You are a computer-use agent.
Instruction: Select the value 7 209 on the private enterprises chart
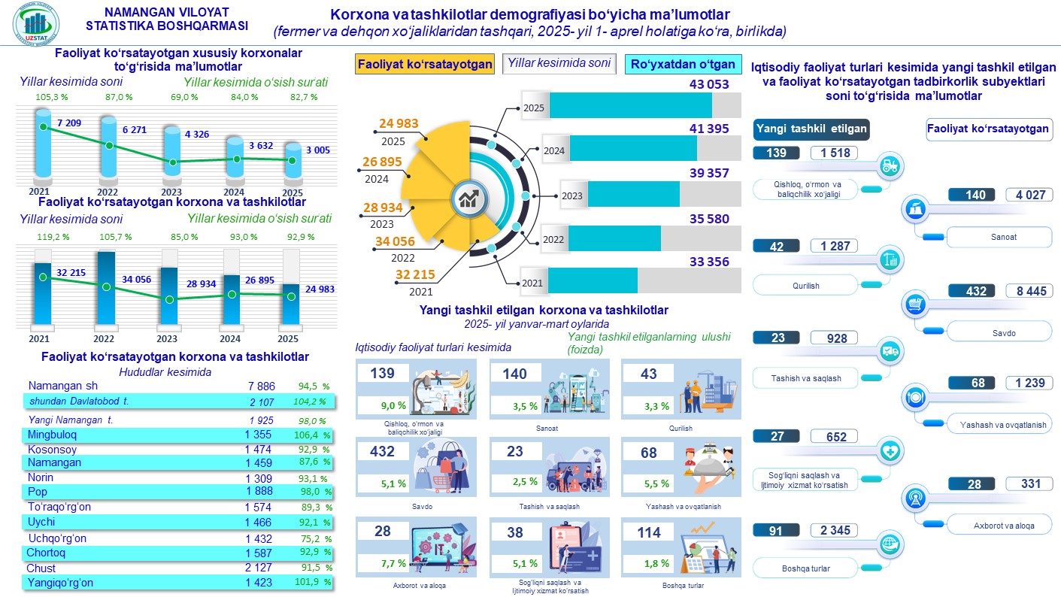68,122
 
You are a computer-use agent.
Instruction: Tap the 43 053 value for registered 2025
709,85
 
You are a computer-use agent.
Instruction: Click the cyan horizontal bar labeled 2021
593,281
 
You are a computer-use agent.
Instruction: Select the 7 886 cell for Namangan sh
261,386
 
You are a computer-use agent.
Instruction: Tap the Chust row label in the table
42,568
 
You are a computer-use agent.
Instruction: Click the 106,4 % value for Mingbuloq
314,435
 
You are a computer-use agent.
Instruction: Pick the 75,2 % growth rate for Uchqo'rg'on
314,538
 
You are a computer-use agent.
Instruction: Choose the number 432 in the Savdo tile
383,453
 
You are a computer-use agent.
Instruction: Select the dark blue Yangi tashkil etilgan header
811,129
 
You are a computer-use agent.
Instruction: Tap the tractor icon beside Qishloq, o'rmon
890,166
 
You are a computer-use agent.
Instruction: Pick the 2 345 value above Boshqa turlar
835,531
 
